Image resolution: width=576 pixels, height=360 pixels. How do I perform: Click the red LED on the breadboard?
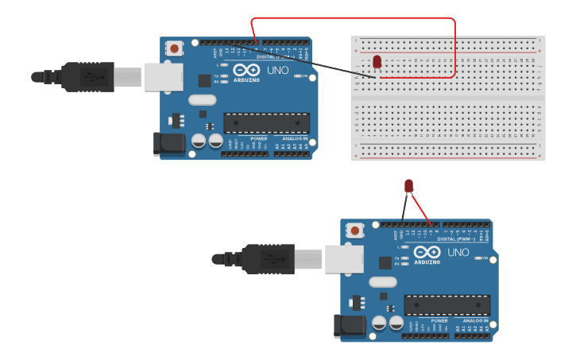[377, 61]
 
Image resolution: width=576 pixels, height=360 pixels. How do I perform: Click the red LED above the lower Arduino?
[408, 186]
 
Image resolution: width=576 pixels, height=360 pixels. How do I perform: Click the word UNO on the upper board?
[278, 71]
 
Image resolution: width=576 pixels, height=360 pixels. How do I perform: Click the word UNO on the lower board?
[458, 253]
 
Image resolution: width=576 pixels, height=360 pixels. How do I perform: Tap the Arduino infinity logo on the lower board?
[427, 253]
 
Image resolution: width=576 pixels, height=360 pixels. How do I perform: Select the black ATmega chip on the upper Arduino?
[266, 122]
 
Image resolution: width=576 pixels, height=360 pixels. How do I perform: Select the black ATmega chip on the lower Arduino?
[446, 304]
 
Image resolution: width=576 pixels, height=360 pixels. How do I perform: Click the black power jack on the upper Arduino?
[168, 143]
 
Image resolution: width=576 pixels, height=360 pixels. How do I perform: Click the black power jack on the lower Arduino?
[350, 325]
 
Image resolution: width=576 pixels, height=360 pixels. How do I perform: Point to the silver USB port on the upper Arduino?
[163, 77]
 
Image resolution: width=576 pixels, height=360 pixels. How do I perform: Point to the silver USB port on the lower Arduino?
[344, 259]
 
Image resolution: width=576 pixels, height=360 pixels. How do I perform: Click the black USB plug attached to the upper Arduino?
[87, 77]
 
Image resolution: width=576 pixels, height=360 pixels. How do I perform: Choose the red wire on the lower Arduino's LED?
[420, 208]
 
